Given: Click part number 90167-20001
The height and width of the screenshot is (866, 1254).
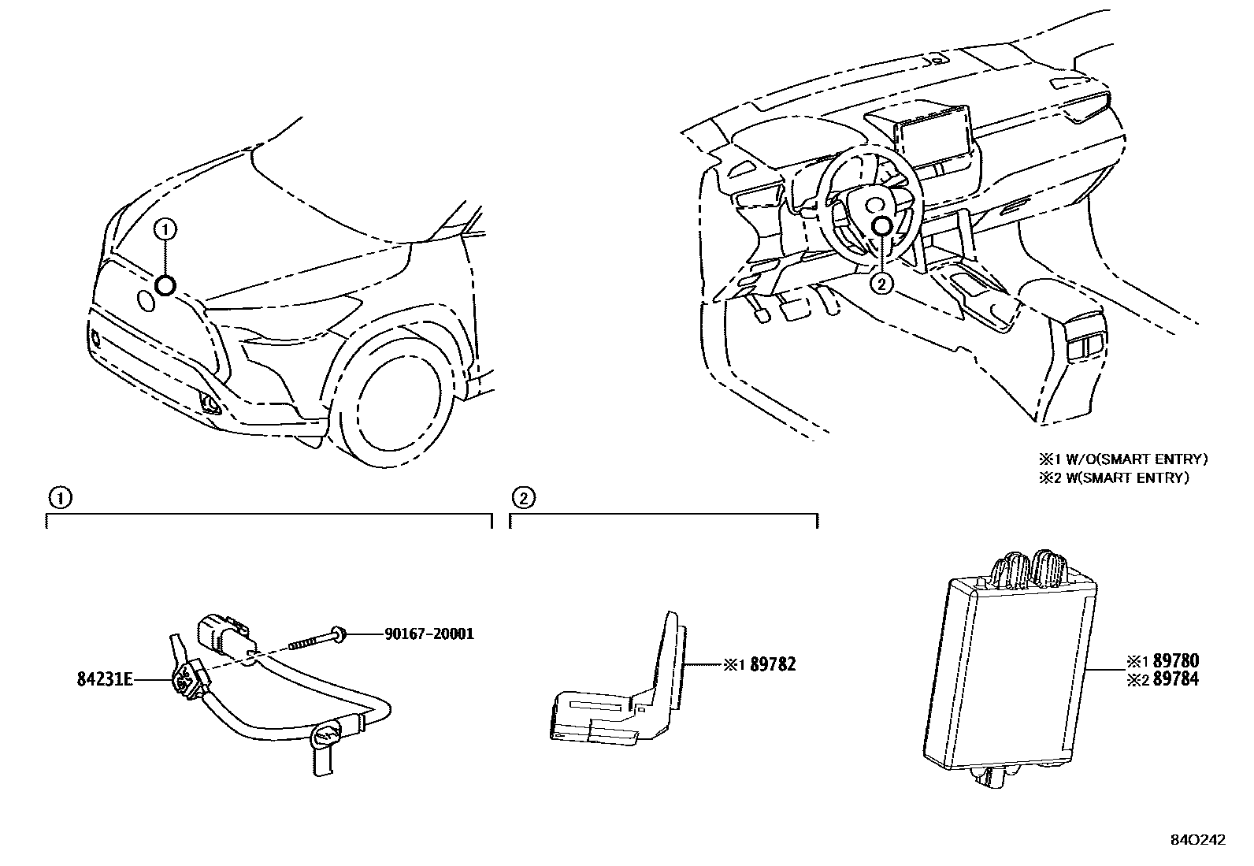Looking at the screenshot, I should tap(429, 634).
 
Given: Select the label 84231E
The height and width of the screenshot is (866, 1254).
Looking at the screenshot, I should tap(104, 678).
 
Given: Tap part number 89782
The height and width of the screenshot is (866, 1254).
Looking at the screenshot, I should tap(773, 664).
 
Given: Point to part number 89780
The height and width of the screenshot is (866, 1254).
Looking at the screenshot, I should tap(1175, 660).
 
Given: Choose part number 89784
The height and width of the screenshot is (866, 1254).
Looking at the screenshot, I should tap(1175, 678).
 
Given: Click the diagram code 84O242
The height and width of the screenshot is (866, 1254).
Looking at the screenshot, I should tap(1198, 840).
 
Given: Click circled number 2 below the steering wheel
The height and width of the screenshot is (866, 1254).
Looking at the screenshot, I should tap(882, 284).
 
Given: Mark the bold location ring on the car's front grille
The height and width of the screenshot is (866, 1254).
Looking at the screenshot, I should tap(165, 285).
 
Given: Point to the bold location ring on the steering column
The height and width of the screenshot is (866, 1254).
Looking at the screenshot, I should tap(882, 226).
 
